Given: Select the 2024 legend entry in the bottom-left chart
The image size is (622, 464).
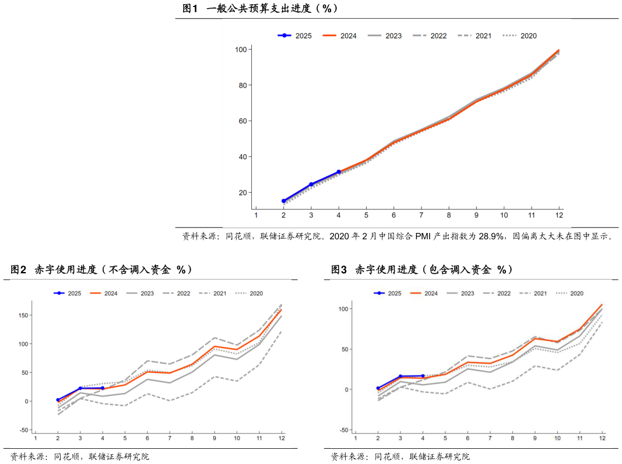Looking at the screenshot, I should click(103, 293).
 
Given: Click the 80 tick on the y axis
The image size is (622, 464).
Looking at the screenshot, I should click(240, 85).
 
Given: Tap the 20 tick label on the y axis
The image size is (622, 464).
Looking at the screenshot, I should click(240, 193).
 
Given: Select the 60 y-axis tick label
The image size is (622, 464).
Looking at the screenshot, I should click(240, 121).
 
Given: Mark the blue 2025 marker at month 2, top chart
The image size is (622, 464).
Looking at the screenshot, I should click(284, 201).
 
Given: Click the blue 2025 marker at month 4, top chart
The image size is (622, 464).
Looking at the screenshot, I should click(339, 172).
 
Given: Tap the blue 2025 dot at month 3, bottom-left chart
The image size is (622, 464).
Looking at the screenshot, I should click(80, 388).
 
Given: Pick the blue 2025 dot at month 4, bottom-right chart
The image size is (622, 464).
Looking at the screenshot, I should click(423, 376).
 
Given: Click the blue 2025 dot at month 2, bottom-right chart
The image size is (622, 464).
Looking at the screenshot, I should click(378, 388).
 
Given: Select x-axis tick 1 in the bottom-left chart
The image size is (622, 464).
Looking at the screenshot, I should click(36, 438).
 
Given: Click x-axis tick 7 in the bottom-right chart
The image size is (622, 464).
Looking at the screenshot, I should click(490, 438).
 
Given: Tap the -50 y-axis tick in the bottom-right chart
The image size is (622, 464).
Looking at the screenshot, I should click(343, 430).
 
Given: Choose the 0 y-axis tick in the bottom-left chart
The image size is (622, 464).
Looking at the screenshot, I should click(24, 402).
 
